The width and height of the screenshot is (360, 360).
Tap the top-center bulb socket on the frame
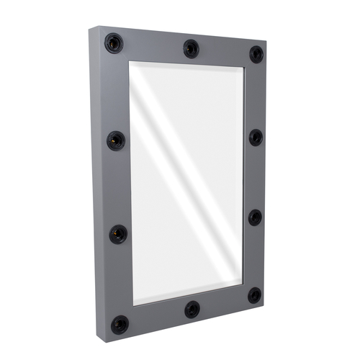(x=190, y=48)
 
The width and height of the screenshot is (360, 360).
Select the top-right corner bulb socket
(x=256, y=54)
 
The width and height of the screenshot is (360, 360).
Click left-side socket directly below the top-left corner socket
(x=116, y=140)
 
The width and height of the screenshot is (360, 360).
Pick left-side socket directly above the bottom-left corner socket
(x=118, y=234)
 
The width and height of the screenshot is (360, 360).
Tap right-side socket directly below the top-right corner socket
(x=256, y=137)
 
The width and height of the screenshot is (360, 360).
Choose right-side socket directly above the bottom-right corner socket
(x=256, y=217)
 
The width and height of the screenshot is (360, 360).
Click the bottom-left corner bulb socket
(x=120, y=324)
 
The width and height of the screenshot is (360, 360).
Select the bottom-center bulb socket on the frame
(x=192, y=310)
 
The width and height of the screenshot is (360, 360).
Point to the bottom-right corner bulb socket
(x=255, y=295)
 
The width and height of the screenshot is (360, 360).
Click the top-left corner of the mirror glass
(x=130, y=62)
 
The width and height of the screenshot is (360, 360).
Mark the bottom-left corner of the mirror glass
(x=132, y=304)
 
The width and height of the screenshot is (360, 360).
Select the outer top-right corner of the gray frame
(x=266, y=42)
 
